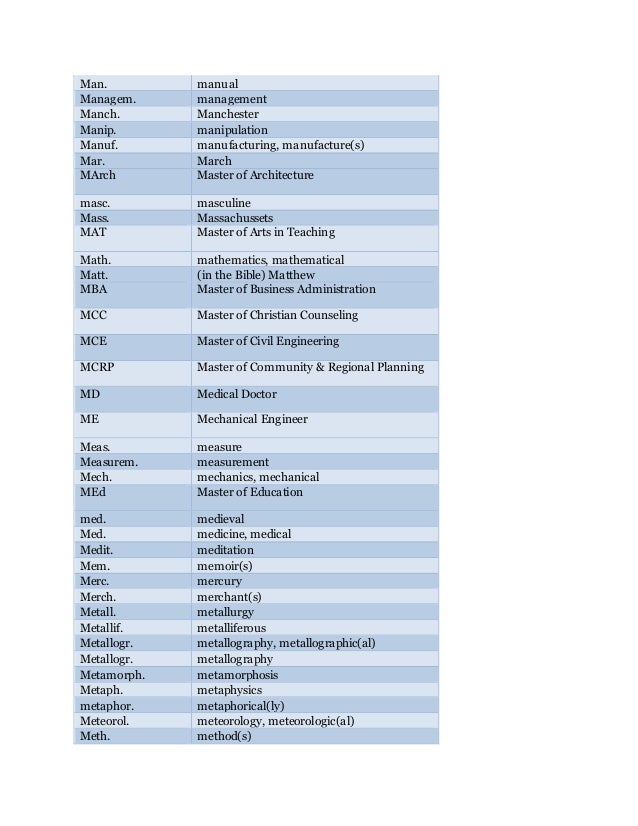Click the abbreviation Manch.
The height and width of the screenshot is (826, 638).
click(99, 115)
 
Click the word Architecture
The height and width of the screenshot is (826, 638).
click(280, 176)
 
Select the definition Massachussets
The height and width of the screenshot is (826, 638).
click(235, 218)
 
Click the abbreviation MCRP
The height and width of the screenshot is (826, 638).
click(97, 368)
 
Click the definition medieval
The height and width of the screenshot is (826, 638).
click(220, 520)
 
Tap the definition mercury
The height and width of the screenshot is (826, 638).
click(220, 581)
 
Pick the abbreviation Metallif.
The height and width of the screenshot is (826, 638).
click(101, 628)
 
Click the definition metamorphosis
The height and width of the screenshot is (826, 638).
click(238, 675)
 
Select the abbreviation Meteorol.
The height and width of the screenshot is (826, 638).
click(105, 721)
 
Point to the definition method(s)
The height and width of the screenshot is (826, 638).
click(224, 736)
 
